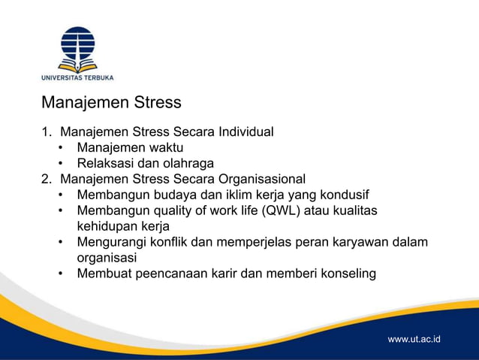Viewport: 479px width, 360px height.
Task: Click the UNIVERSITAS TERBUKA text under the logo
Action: pos(77,77)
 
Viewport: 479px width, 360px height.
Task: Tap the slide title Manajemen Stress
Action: pos(111,101)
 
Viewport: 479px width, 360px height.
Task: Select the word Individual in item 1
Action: pos(246,132)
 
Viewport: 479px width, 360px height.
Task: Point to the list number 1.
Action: pos(45,132)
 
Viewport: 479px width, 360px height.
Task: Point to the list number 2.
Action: pos(45,179)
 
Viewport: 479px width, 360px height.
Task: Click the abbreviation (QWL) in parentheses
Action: pos(282,210)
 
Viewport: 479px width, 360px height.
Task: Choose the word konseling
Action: pos(346,273)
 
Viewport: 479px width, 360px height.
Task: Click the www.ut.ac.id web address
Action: pos(414,339)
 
